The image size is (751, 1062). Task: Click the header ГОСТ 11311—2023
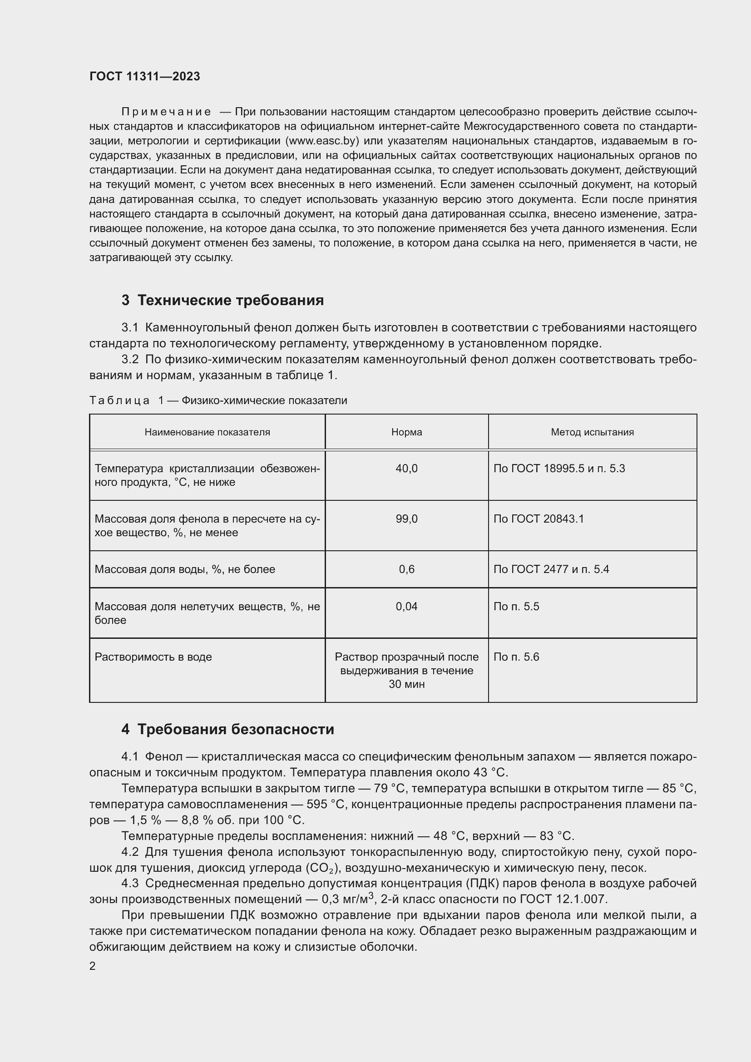click(x=144, y=76)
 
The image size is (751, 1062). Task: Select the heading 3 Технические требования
click(x=222, y=300)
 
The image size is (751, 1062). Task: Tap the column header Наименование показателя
click(x=207, y=432)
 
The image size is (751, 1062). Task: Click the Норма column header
click(x=406, y=432)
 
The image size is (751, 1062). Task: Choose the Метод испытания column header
click(x=592, y=432)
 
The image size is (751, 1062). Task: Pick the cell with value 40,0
click(x=406, y=469)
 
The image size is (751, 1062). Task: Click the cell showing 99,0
click(x=406, y=519)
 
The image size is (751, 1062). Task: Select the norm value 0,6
click(x=406, y=569)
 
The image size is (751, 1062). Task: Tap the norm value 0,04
click(x=406, y=607)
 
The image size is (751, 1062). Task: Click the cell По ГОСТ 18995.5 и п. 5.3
click(x=558, y=469)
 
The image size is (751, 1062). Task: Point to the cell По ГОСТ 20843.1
click(x=539, y=519)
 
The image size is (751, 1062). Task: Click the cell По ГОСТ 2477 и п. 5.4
click(x=551, y=569)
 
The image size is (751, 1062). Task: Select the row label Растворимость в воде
click(x=153, y=657)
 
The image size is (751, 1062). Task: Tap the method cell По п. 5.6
click(x=516, y=657)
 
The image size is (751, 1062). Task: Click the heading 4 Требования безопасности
click(x=227, y=730)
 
